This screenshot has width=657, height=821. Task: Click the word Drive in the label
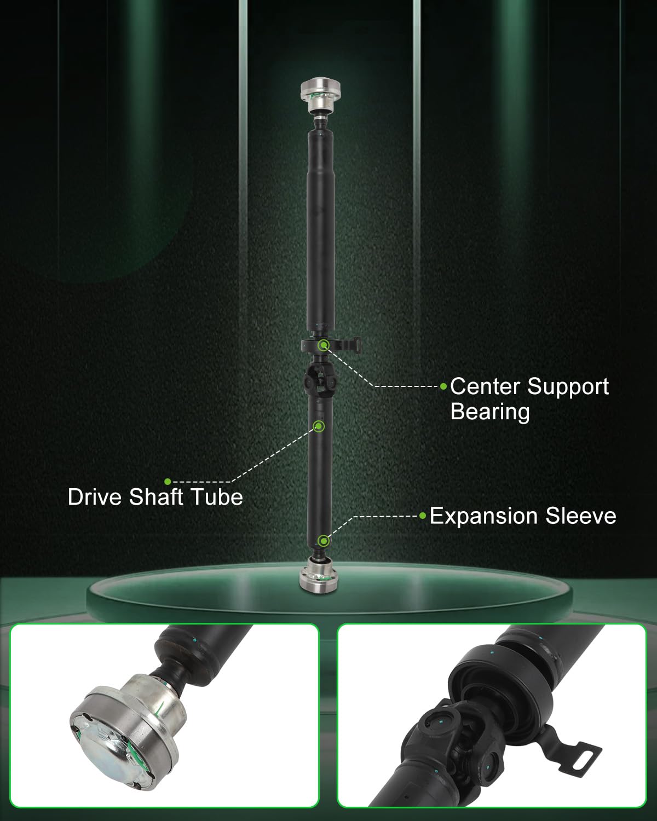95,497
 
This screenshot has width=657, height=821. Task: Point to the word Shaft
156,497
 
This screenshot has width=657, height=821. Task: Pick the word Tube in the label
217,497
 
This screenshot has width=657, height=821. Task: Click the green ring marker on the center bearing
324,345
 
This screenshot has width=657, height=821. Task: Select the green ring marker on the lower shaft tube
319,426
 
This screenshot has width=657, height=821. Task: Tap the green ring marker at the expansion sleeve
324,541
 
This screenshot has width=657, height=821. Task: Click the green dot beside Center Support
443,386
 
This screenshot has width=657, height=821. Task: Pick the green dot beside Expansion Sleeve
423,516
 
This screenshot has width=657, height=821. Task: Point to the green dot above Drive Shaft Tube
167,482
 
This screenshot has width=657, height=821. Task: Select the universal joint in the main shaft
320,380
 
